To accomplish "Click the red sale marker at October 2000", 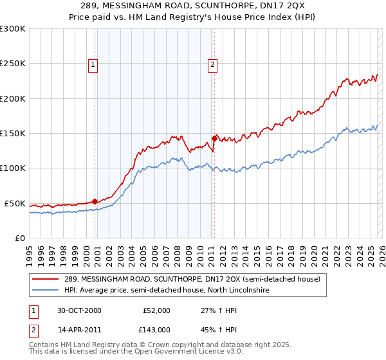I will pyautogui.click(x=95, y=201).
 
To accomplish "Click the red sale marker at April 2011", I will pyautogui.click(x=214, y=138).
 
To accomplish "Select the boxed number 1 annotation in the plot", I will pyautogui.click(x=93, y=64).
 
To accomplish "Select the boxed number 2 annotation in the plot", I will pyautogui.click(x=212, y=64).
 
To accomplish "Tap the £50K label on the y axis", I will pyautogui.click(x=15, y=203).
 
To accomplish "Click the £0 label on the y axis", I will pyautogui.click(x=19, y=238).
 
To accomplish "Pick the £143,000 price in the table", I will pyautogui.click(x=156, y=330).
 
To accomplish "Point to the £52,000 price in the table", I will pyautogui.click(x=156, y=310).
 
